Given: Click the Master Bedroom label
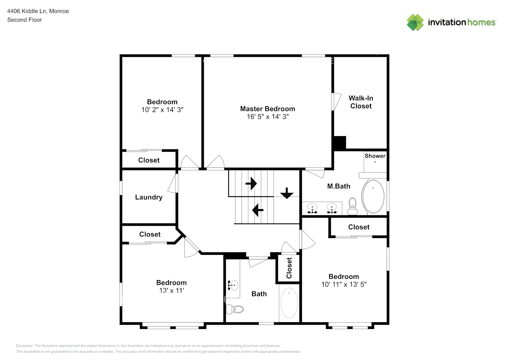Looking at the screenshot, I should (x=267, y=109).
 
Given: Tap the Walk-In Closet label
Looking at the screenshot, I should (x=361, y=102).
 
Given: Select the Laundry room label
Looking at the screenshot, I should (x=149, y=197).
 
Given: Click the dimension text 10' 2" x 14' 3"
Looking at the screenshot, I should (x=162, y=110).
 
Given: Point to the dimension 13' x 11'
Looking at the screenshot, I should (x=171, y=291).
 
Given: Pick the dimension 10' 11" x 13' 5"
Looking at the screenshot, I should (x=344, y=284).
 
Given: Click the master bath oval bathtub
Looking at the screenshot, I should (x=373, y=197).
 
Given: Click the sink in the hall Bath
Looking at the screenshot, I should (x=233, y=285).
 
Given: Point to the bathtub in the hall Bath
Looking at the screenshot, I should (x=289, y=303).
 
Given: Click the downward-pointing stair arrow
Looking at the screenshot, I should (x=287, y=193).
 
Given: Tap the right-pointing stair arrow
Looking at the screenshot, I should (x=251, y=183).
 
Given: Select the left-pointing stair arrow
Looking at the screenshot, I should (x=258, y=210).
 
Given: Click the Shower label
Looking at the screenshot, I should (x=375, y=156).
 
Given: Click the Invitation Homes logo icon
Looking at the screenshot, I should (x=415, y=22).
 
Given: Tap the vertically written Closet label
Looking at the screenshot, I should (x=289, y=268).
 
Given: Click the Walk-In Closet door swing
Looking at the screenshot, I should (x=336, y=102).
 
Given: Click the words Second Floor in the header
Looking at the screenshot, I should (x=24, y=20).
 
